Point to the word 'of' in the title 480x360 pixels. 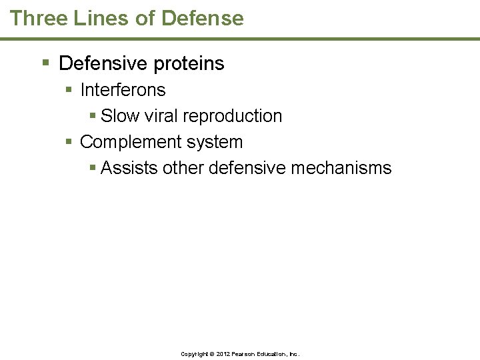pyautogui.click(x=144, y=18)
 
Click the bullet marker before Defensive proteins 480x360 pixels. pyautogui.click(x=45, y=63)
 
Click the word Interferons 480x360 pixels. pyautogui.click(x=123, y=89)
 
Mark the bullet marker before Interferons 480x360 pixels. pyautogui.click(x=70, y=89)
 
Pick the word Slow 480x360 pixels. pyautogui.click(x=120, y=116)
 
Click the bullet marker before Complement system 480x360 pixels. pyautogui.click(x=70, y=142)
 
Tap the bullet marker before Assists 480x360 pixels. pyautogui.click(x=93, y=168)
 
